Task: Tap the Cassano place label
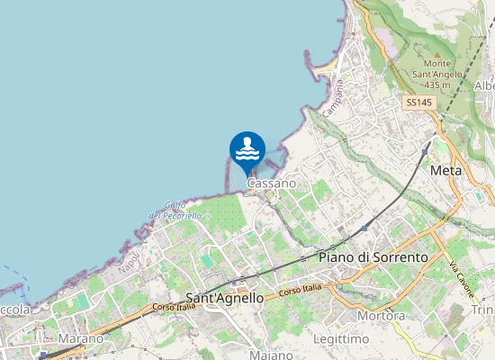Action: pyautogui.click(x=271, y=184)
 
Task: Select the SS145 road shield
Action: pyautogui.click(x=418, y=103)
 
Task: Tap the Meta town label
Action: pyautogui.click(x=445, y=170)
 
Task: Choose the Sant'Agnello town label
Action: pyautogui.click(x=224, y=297)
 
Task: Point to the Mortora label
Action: pyautogui.click(x=381, y=316)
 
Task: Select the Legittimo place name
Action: pyautogui.click(x=342, y=338)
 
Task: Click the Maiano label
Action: pyautogui.click(x=271, y=355)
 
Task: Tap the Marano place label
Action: pyautogui.click(x=80, y=338)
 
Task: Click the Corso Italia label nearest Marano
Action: pyautogui.click(x=174, y=307)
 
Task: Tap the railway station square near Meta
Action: pyautogui.click(x=424, y=151)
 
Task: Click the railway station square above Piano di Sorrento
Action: pyautogui.click(x=364, y=229)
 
